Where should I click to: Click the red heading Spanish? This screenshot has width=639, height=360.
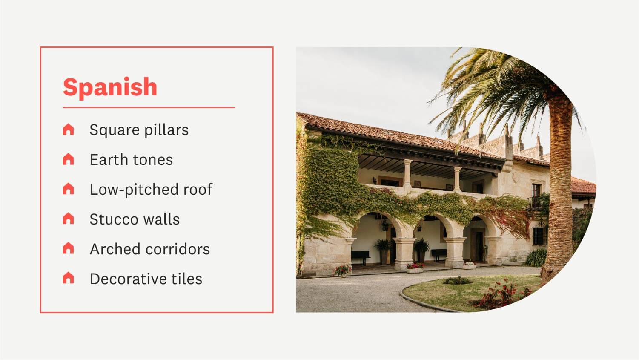110,87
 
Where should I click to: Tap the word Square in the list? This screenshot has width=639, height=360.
114,130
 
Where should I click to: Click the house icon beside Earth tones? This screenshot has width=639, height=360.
68,159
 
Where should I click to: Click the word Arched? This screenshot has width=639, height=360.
115,249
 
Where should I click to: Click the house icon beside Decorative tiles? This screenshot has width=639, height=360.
68,278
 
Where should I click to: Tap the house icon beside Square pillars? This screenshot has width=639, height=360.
68,130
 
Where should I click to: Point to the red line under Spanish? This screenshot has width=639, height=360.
149,108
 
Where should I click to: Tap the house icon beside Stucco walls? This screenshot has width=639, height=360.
68,219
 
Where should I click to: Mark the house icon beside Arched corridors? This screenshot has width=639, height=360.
68,248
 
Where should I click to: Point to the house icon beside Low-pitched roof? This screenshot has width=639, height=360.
68,189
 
